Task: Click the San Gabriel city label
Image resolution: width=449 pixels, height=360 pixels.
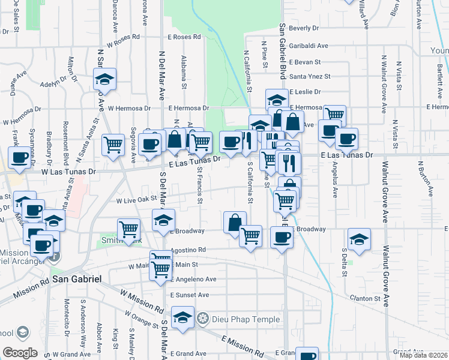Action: pyautogui.click(x=76, y=279)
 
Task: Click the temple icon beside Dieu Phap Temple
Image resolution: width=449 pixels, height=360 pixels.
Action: pyautogui.click(x=203, y=318)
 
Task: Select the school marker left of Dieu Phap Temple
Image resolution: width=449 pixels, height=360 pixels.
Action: pyautogui.click(x=183, y=318)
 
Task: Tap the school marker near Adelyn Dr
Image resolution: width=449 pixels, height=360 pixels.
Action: pyautogui.click(x=105, y=79)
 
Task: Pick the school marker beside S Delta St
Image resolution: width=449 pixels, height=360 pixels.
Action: pyautogui.click(x=359, y=241)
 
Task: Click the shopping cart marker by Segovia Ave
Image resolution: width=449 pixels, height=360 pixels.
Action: pyautogui.click(x=113, y=144)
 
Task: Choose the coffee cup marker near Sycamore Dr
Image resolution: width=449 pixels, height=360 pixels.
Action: pyautogui.click(x=20, y=157)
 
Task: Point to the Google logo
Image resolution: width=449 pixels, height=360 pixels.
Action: pyautogui.click(x=20, y=353)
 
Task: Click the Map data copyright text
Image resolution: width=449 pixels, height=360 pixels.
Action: pyautogui.click(x=423, y=355)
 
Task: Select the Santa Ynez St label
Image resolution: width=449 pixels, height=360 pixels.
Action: pyautogui.click(x=310, y=76)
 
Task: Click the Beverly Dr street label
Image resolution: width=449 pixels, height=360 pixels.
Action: pyautogui.click(x=303, y=28)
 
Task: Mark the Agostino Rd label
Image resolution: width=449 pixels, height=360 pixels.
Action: pyautogui.click(x=188, y=250)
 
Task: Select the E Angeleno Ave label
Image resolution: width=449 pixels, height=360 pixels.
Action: pyautogui.click(x=193, y=279)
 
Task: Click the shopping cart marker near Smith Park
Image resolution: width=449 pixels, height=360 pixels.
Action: pyautogui.click(x=128, y=229)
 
